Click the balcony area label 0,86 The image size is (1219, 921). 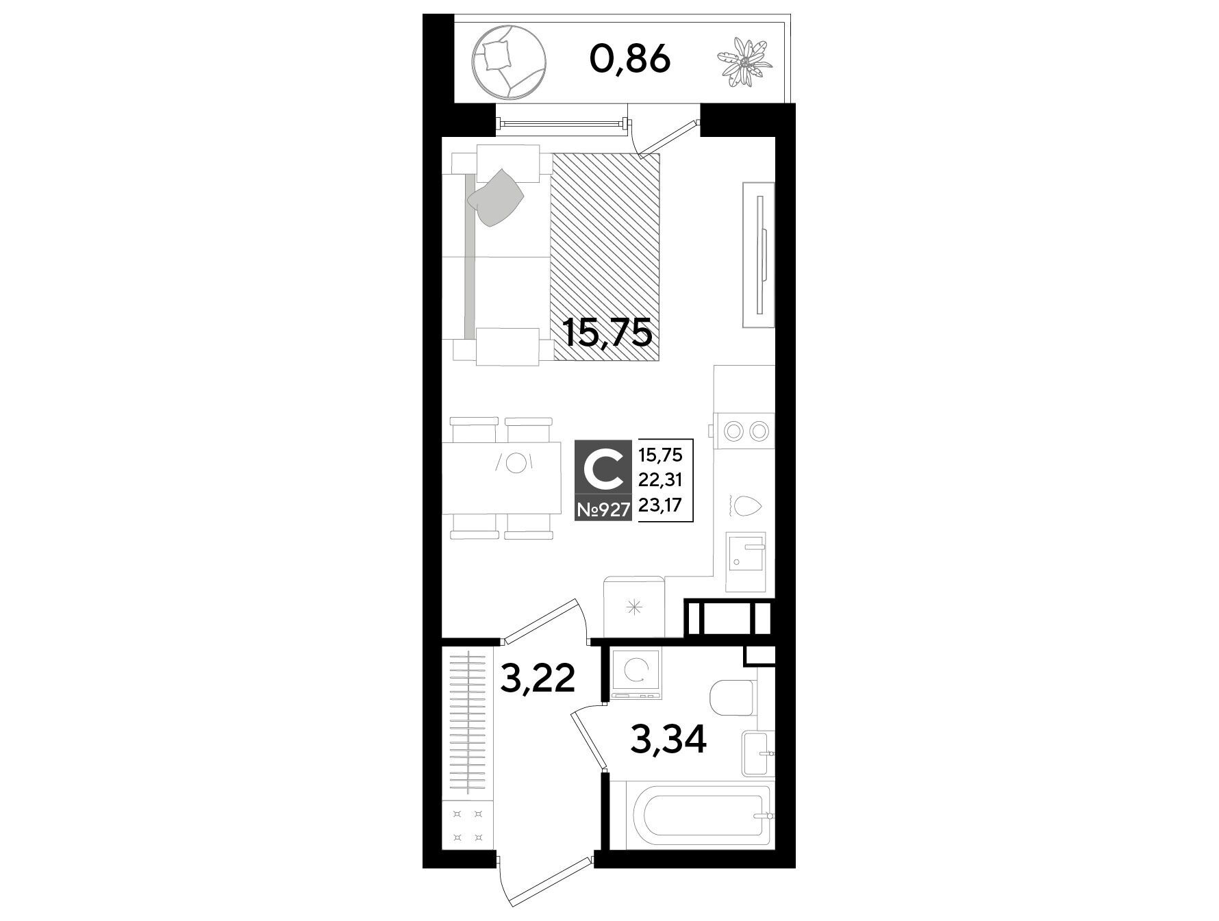[x=629, y=60]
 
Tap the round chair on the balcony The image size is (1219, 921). [x=509, y=60]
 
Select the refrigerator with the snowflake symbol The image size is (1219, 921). [x=634, y=607]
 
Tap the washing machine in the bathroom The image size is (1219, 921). [x=638, y=674]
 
